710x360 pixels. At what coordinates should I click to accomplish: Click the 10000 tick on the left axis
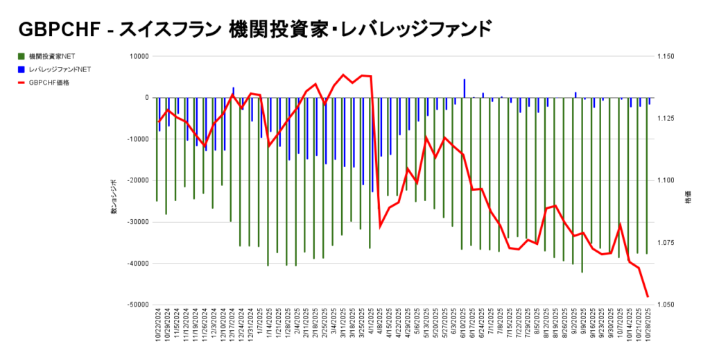point(141,56)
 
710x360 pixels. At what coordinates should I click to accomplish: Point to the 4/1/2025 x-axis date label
point(371,323)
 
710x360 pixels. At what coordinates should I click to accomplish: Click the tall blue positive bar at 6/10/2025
point(465,88)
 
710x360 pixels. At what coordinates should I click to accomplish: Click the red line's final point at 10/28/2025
point(648,297)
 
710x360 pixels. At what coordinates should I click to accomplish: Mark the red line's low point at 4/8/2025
point(380,226)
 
